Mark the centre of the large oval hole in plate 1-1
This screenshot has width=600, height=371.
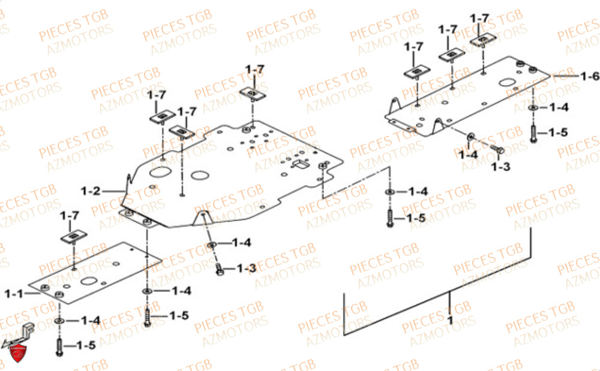[x=88, y=281]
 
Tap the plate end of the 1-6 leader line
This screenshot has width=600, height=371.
[x=550, y=76]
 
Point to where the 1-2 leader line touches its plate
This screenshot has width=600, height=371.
[x=125, y=191]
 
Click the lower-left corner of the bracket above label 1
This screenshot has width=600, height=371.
[x=344, y=335]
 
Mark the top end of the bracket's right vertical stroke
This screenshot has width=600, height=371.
[x=531, y=228]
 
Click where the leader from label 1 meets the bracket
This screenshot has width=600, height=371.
[x=449, y=291]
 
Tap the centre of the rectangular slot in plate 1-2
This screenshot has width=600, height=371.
[x=301, y=164]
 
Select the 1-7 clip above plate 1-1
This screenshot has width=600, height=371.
[x=73, y=237]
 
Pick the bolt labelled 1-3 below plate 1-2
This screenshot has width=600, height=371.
[x=219, y=269]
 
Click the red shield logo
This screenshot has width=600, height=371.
[x=17, y=352]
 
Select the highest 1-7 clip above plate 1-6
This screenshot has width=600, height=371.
[x=483, y=40]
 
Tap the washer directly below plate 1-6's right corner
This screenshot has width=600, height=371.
[x=533, y=108]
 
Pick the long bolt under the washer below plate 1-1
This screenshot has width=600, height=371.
[x=59, y=346]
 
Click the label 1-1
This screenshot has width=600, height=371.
[x=14, y=294]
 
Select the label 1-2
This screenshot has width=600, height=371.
[x=91, y=191]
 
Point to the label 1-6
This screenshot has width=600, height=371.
[x=590, y=76]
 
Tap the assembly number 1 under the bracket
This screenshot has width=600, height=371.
[x=451, y=319]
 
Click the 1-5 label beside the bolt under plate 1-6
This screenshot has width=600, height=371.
[x=558, y=132]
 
